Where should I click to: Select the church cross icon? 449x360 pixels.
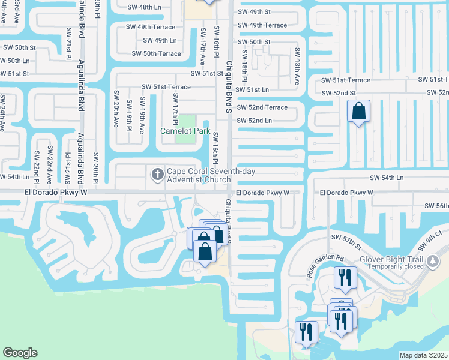158,174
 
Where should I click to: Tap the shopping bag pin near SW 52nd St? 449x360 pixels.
358,112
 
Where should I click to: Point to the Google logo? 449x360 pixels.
20,353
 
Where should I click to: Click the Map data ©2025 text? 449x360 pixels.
423,355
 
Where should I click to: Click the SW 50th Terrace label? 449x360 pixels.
157,53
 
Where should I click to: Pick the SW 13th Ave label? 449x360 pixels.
297,65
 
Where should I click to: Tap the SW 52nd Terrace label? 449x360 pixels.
262,107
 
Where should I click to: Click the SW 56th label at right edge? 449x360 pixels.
436,206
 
